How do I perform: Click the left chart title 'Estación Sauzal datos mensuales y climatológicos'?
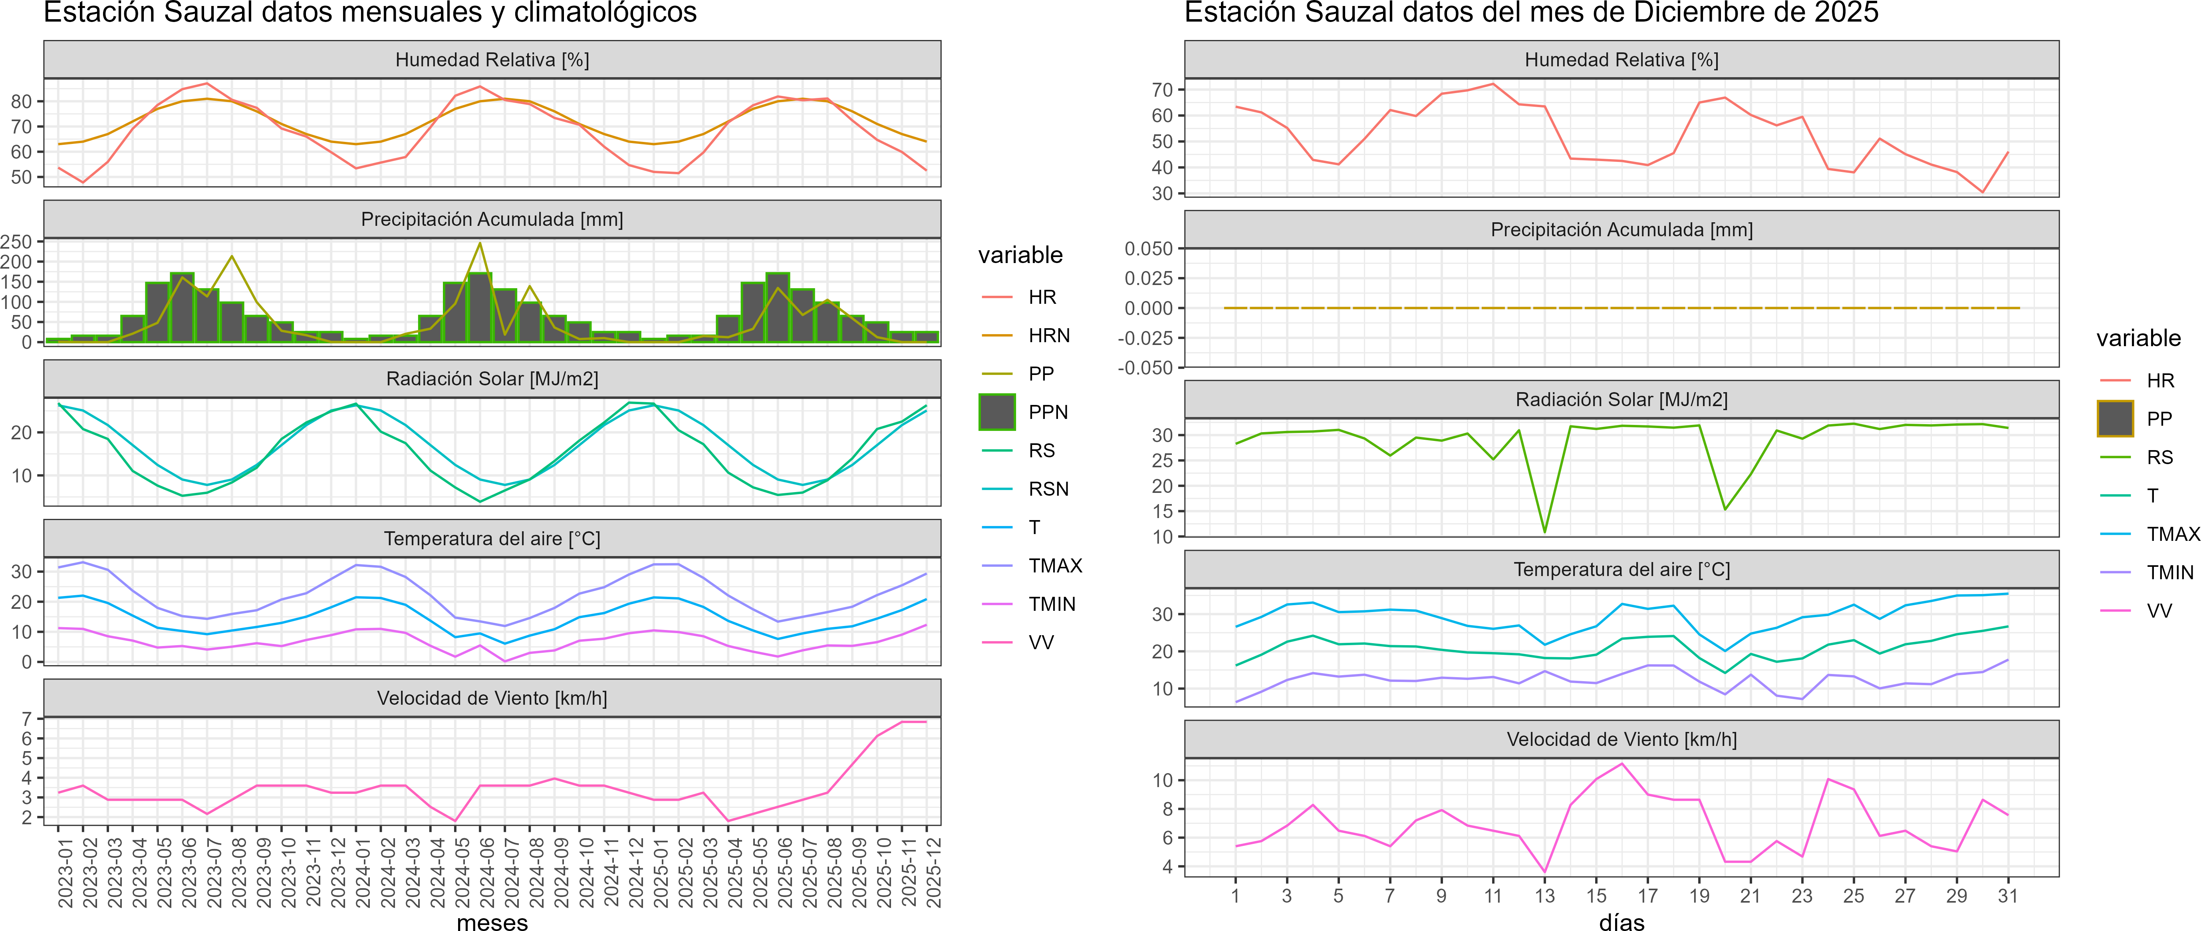pyautogui.click(x=370, y=13)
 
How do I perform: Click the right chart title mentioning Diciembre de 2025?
pyautogui.click(x=1531, y=13)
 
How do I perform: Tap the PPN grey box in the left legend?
pyautogui.click(x=997, y=412)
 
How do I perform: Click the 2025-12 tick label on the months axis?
pyautogui.click(x=933, y=872)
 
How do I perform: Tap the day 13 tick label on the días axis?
pyautogui.click(x=1545, y=896)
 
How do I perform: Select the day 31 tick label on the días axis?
pyautogui.click(x=2008, y=896)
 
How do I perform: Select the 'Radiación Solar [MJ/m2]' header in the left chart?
pyautogui.click(x=492, y=379)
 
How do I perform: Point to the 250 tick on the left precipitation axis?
pyautogui.click(x=17, y=242)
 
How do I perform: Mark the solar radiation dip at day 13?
pyautogui.click(x=1545, y=532)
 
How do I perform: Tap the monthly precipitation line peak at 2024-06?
pyautogui.click(x=480, y=244)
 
